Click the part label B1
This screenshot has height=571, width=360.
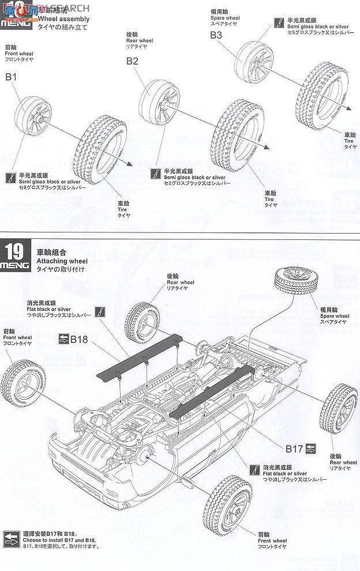pyautogui.click(x=12, y=76)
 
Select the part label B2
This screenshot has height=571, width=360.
pyautogui.click(x=133, y=61)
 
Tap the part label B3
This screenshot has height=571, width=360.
pyautogui.click(x=216, y=35)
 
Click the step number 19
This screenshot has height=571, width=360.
pyautogui.click(x=17, y=253)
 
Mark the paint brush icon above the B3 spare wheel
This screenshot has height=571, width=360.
pyautogui.click(x=279, y=23)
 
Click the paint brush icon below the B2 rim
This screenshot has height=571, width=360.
pyautogui.click(x=155, y=172)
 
